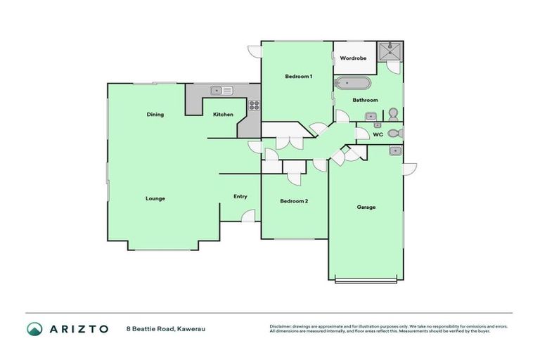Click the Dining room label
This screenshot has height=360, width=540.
tap(155, 115)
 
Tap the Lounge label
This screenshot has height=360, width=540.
tap(155, 198)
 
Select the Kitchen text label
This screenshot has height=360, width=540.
tap(223, 115)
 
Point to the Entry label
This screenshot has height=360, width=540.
tap(240, 196)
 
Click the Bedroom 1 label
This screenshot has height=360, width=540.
tap(298, 76)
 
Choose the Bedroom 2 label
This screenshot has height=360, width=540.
tap(294, 201)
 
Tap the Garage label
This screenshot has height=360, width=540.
tap(366, 207)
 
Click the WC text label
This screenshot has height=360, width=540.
tap(378, 134)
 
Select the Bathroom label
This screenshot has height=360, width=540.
tap(366, 100)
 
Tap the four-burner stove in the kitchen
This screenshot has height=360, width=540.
tap(253, 106)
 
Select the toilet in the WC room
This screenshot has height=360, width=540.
tap(394, 133)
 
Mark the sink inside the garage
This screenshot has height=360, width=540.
tap(395, 150)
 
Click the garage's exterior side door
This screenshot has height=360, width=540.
tap(409, 169)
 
